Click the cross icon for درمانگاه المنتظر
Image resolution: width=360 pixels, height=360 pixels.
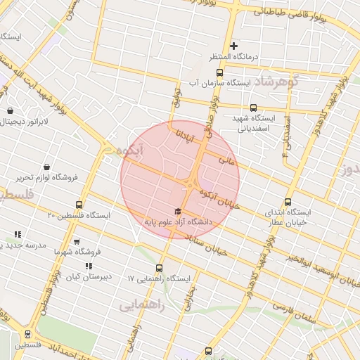tap(234, 46)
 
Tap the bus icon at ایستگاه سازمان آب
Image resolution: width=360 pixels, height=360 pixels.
tap(219, 73)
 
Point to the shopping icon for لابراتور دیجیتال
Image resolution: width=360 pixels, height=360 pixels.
tap(10, 110)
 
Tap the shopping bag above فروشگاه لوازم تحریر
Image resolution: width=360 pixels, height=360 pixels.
tap(46, 167)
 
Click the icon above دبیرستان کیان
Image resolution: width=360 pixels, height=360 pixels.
tap(89, 266)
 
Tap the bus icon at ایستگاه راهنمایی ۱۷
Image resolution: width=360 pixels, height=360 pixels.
tap(159, 267)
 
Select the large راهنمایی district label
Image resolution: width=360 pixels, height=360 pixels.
tap(141, 305)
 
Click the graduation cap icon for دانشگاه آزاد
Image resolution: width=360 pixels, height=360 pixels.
tap(178, 211)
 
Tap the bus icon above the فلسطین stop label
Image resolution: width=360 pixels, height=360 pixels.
tap(28, 334)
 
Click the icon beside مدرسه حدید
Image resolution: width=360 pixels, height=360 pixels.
tap(18, 234)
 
